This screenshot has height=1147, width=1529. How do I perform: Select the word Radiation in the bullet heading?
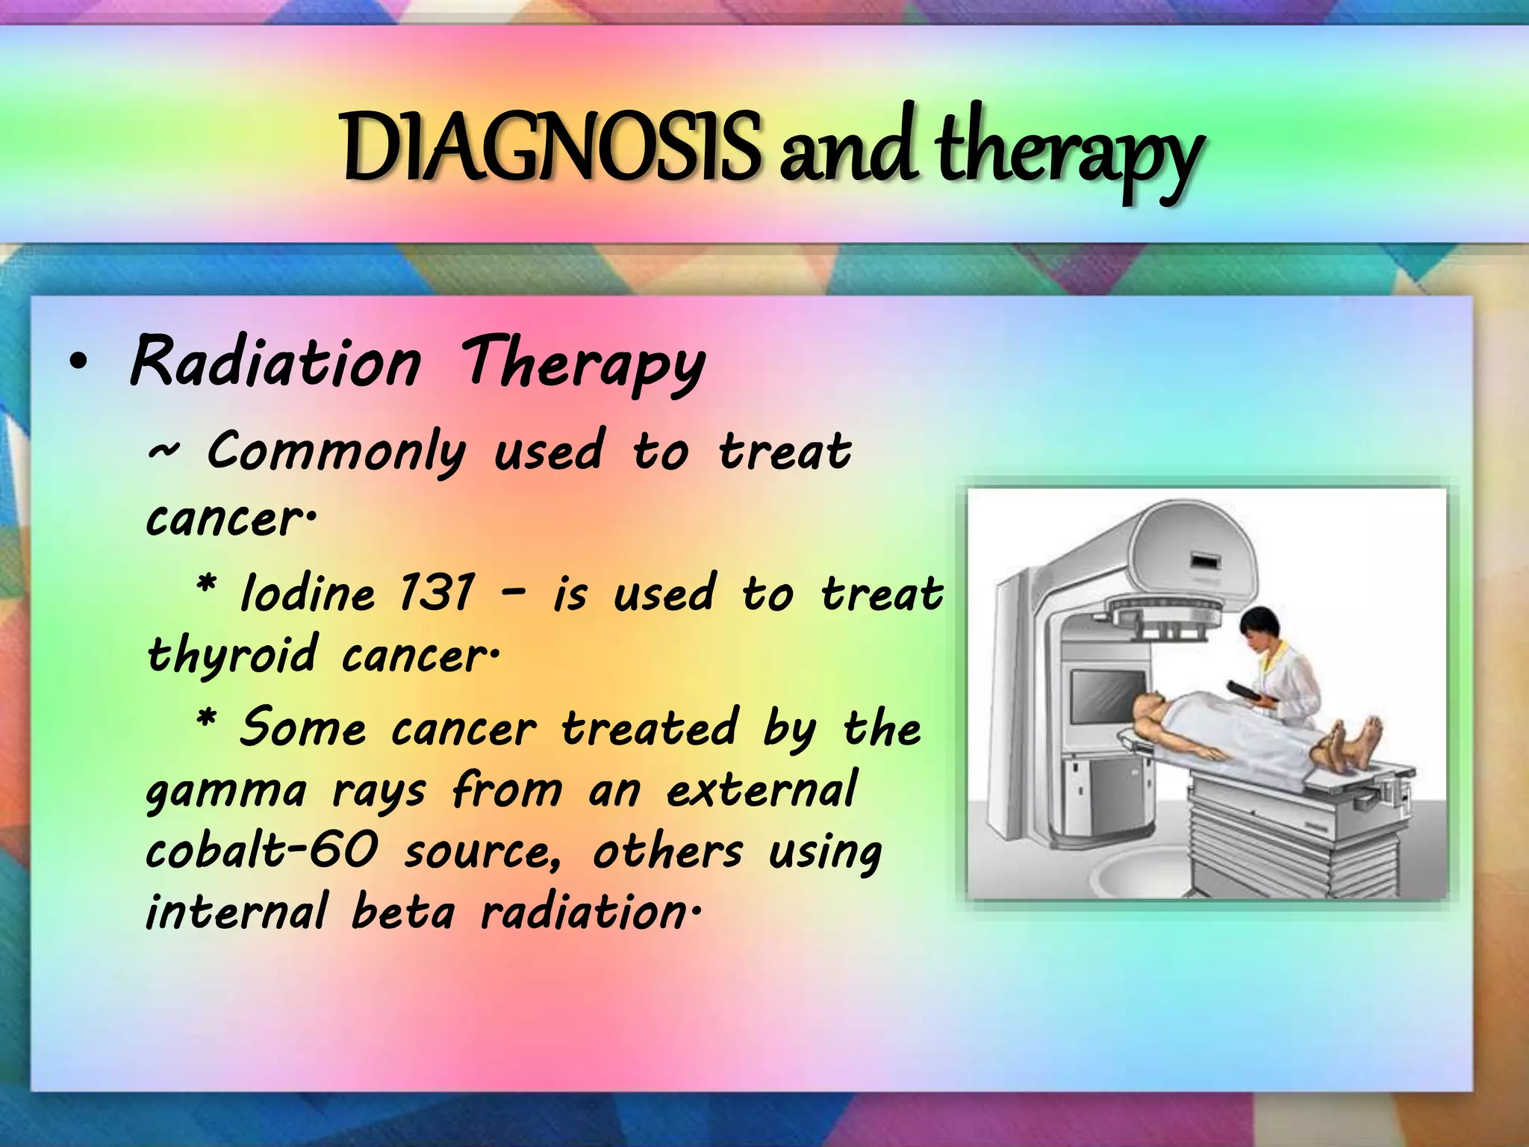[x=275, y=363]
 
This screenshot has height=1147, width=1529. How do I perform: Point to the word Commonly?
[x=336, y=453]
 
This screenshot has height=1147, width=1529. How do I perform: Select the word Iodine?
[x=308, y=594]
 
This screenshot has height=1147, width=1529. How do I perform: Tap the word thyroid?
[x=231, y=656]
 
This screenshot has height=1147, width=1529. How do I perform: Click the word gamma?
[x=225, y=792]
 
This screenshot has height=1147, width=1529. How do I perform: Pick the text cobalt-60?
[x=261, y=851]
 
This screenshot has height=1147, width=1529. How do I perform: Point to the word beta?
[x=402, y=913]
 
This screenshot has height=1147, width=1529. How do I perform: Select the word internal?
[x=236, y=913]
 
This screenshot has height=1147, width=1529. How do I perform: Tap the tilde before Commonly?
[x=163, y=451]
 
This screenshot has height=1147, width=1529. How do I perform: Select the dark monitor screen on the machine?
[x=1108, y=697]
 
